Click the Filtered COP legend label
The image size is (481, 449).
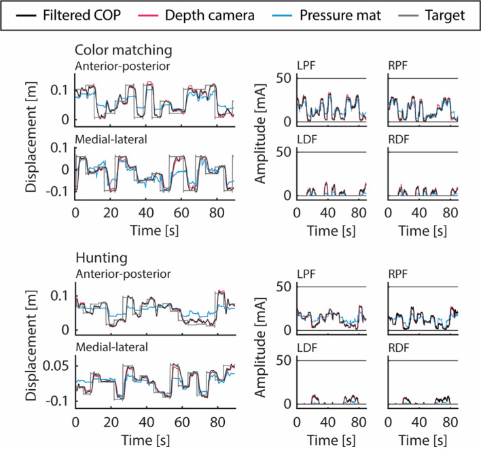[x=82, y=15]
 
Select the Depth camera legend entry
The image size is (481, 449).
[x=209, y=16]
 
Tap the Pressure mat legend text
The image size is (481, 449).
[x=340, y=16]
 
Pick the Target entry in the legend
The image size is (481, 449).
[x=445, y=16]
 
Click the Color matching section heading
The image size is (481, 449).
[x=124, y=50]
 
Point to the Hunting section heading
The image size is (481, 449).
[x=101, y=257]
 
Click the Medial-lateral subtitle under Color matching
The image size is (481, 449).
[x=111, y=139]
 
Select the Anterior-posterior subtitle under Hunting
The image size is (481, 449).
[x=124, y=274]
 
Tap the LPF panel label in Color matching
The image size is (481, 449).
[x=306, y=66]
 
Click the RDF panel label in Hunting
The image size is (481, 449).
[x=399, y=348]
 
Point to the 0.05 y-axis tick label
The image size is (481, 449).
[x=56, y=366]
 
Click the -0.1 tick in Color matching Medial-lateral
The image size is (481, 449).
[x=57, y=192]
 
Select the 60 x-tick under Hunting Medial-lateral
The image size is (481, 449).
[x=182, y=423]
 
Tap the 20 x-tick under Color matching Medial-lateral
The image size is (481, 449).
[x=111, y=213]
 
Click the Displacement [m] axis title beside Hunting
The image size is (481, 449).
[x=31, y=346]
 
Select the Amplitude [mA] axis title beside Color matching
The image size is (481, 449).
[x=260, y=133]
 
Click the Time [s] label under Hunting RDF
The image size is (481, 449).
[x=423, y=440]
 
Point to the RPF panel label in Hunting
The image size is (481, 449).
[x=398, y=274]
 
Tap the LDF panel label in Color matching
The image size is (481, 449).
[x=307, y=139]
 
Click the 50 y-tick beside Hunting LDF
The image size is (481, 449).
[x=284, y=361]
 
